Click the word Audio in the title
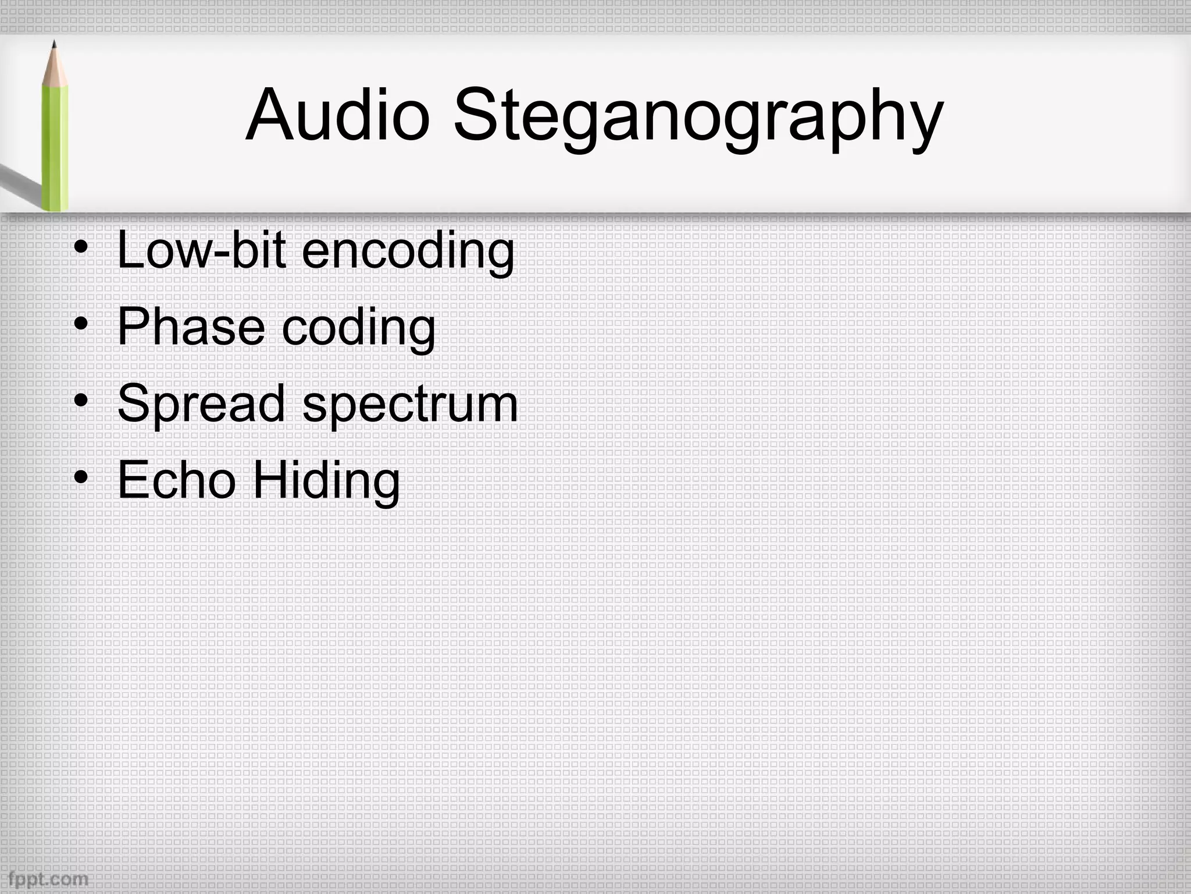coord(337,115)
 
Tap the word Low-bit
coord(201,250)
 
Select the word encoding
coord(408,253)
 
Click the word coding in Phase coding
coord(358,329)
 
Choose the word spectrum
coord(410,406)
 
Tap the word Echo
coord(177,480)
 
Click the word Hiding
coord(326,483)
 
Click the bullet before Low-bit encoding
coord(81,247)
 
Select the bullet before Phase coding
coord(81,324)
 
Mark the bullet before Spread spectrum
coord(81,401)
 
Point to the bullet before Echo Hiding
coord(81,478)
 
